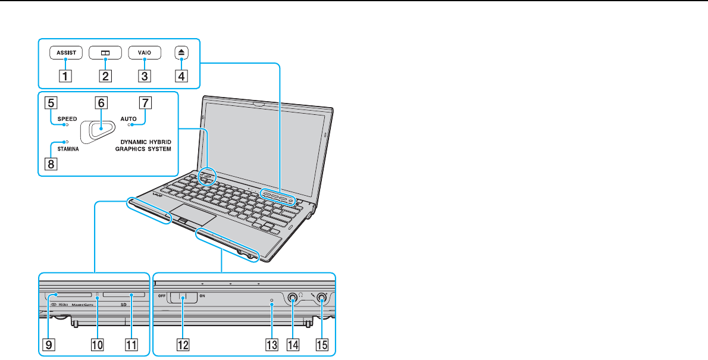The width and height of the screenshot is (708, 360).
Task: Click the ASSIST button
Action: (66, 52)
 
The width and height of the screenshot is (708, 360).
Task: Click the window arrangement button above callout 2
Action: (105, 52)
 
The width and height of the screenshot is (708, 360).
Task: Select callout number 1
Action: (66, 76)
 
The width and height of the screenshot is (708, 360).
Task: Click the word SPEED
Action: (67, 119)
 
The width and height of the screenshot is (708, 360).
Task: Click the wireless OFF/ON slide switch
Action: (183, 296)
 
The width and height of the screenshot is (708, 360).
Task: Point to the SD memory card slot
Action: (123, 295)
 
